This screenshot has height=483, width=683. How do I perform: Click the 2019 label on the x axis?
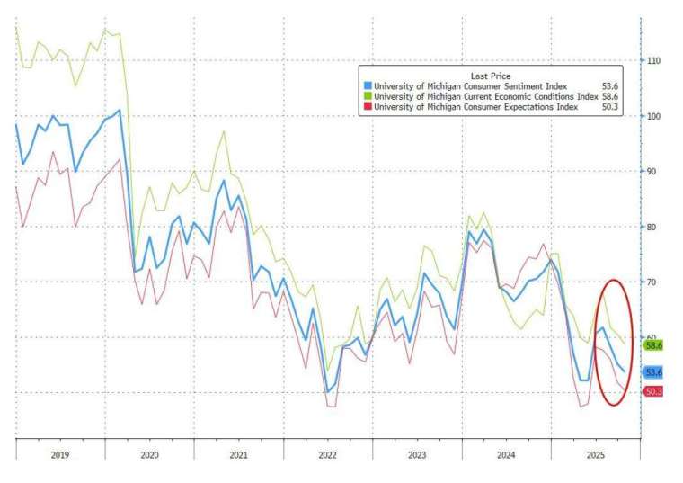tap(59, 456)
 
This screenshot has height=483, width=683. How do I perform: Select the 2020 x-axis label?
tap(149, 456)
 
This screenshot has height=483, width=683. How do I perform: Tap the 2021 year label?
tap(238, 456)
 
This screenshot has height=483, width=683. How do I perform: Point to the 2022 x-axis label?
tap(327, 456)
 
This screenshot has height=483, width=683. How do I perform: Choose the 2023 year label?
tap(417, 456)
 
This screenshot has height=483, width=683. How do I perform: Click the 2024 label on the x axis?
tap(506, 456)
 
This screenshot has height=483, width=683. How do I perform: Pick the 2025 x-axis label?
tap(595, 456)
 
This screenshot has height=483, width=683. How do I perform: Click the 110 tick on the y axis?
tap(655, 60)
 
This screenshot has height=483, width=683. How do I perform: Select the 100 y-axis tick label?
tap(655, 116)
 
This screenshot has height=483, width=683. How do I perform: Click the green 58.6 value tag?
tap(653, 345)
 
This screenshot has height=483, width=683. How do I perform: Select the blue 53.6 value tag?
tap(653, 371)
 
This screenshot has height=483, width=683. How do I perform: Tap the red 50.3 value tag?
tap(653, 391)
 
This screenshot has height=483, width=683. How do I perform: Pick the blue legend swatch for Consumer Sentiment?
tap(367, 86)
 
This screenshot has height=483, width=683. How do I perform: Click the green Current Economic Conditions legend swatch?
tap(367, 96)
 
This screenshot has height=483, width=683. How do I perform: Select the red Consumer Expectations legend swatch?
tap(367, 107)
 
